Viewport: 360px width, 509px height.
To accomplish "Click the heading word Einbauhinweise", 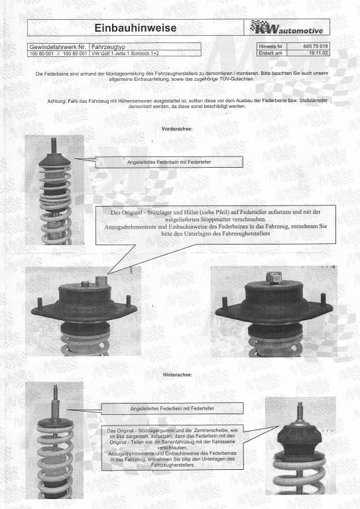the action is tap(135, 28).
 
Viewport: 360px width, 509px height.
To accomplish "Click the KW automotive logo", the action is tap(286, 27).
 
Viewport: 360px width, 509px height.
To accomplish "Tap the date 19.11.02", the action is tap(318, 53).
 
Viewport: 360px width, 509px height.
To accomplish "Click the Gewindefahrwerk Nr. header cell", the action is tap(58, 47).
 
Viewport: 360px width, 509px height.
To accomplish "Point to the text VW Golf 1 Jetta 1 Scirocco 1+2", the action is tap(125, 54).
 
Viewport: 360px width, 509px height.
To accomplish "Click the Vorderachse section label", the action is tap(177, 129).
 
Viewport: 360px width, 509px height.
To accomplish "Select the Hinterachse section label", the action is tap(178, 374).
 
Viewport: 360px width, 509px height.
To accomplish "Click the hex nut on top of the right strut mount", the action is tap(274, 278).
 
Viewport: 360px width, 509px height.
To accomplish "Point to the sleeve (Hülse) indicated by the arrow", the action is tap(102, 280).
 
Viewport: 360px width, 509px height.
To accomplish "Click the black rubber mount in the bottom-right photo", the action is tap(299, 439).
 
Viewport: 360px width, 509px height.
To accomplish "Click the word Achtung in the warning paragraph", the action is tap(56, 101).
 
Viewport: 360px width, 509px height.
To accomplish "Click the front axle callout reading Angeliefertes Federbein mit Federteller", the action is tap(169, 162).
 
